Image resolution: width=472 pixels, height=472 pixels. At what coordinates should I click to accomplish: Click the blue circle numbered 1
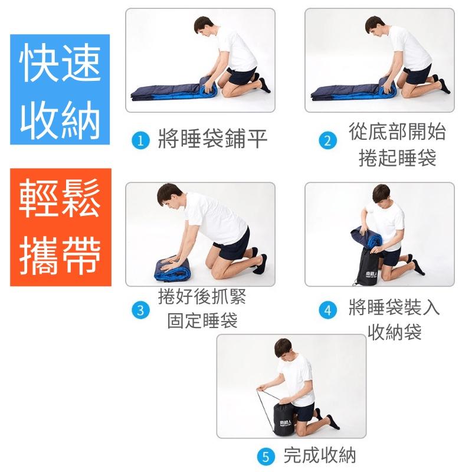(139, 141)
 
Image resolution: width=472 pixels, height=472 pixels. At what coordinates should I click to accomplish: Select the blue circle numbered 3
(140, 310)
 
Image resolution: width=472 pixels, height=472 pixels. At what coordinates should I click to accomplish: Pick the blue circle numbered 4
(327, 310)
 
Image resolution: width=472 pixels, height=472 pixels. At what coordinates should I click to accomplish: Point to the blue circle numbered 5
(266, 456)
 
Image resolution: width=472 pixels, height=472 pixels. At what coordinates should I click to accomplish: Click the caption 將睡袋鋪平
(212, 140)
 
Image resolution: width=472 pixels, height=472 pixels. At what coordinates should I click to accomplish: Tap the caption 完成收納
(319, 455)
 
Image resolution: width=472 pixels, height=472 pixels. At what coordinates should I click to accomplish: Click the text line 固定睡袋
(202, 320)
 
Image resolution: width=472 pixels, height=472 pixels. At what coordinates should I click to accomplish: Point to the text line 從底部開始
(397, 132)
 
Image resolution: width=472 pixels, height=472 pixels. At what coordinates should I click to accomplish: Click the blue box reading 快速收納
(60, 89)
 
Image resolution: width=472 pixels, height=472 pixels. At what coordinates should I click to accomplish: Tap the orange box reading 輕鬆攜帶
(60, 227)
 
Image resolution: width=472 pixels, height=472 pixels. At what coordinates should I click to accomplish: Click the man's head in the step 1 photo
(204, 26)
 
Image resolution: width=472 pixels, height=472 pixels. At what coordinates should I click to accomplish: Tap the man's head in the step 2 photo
(378, 26)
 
